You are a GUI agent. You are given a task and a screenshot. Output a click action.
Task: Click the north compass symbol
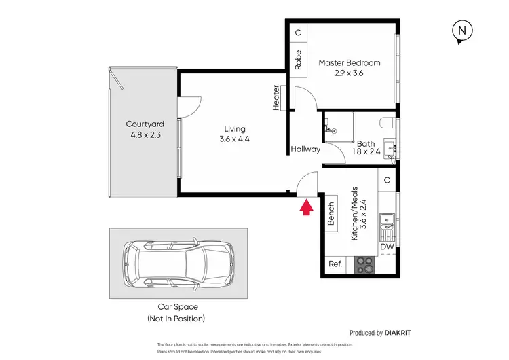(462, 31)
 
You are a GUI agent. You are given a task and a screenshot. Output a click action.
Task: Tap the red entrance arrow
(306, 206)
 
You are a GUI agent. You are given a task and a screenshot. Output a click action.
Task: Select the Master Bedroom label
(350, 68)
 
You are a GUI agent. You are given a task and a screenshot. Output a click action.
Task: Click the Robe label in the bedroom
(298, 60)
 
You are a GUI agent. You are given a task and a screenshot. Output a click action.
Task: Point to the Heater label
(277, 97)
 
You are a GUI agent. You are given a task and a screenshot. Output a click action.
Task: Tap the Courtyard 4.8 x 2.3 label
(145, 129)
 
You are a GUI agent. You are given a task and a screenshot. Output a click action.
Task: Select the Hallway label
(305, 149)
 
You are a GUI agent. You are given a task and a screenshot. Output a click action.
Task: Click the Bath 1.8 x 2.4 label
(366, 148)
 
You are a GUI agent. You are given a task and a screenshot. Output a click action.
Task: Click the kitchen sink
(388, 223)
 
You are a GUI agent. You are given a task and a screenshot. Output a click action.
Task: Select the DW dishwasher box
(387, 247)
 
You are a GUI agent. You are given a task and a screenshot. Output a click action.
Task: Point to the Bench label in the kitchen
(332, 214)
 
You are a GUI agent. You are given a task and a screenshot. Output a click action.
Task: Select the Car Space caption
(176, 312)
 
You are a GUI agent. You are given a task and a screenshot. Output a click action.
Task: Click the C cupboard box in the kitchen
(387, 180)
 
